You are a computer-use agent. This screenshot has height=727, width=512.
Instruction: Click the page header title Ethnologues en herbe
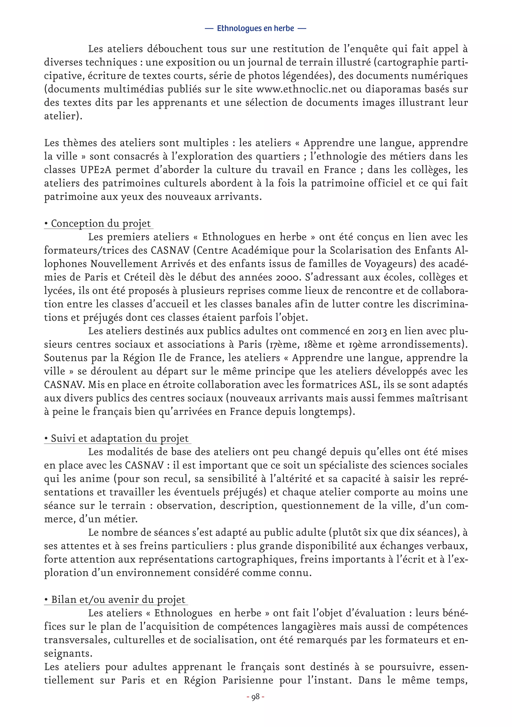tap(255, 29)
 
